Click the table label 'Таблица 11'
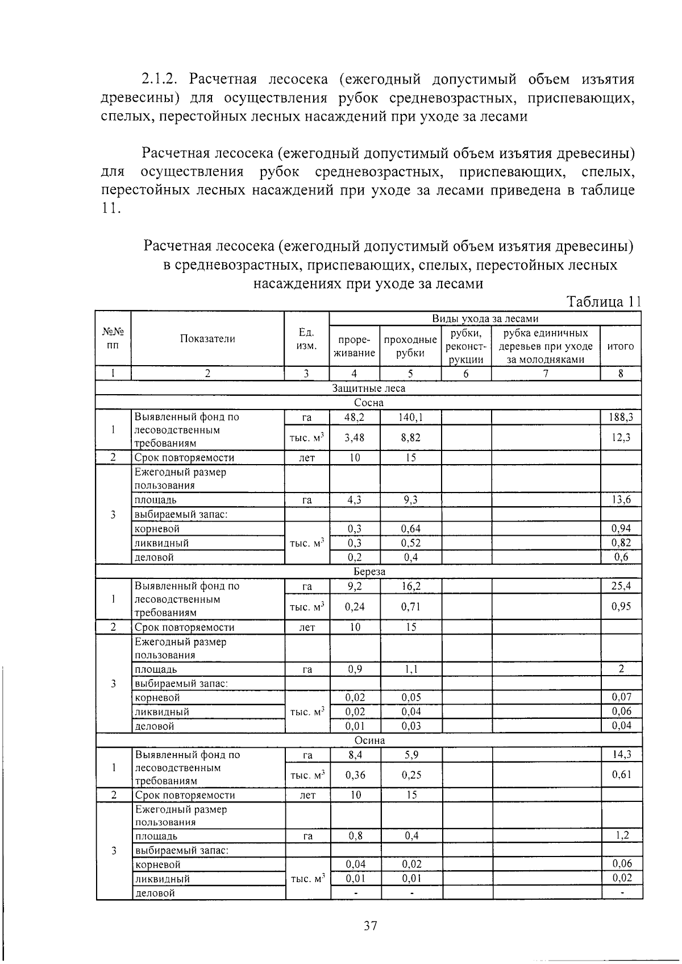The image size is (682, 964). [x=603, y=302]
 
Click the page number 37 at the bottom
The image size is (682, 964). [x=370, y=926]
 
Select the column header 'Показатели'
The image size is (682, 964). [x=207, y=339]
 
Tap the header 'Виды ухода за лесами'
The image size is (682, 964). [x=485, y=318]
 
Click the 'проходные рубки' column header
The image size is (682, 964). [x=410, y=346]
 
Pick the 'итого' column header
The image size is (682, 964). [x=620, y=346]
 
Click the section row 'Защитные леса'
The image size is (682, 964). [x=368, y=388]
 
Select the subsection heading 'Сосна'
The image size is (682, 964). [x=368, y=403]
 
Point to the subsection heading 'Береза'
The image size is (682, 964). [x=369, y=572]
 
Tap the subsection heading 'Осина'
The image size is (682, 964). [x=369, y=740]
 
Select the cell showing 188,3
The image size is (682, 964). [x=621, y=417]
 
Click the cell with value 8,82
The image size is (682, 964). [x=410, y=437]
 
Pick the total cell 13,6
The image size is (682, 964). [x=621, y=500]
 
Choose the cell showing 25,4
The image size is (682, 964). [x=621, y=586]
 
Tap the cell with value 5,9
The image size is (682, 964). [x=410, y=755]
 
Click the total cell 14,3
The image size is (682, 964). [x=621, y=755]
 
